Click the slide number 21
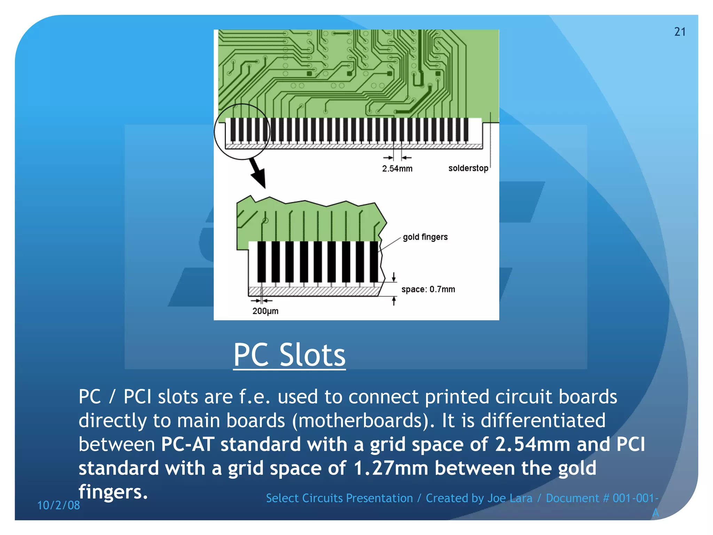coord(680,32)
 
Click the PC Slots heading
coord(289,355)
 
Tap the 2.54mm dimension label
coord(397,169)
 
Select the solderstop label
coord(468,168)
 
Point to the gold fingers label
coord(425,237)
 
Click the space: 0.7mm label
coord(428,289)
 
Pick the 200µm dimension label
coord(265,311)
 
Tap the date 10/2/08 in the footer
coord(58,505)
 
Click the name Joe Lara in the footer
coord(510,498)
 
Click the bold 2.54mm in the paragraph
coord(533,444)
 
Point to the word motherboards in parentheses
coord(361,421)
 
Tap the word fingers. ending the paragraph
coord(113,492)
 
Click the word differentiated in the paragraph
coord(543,421)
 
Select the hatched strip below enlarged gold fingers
coord(313,292)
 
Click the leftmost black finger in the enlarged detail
coord(261,262)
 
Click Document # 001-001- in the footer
coord(602,498)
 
